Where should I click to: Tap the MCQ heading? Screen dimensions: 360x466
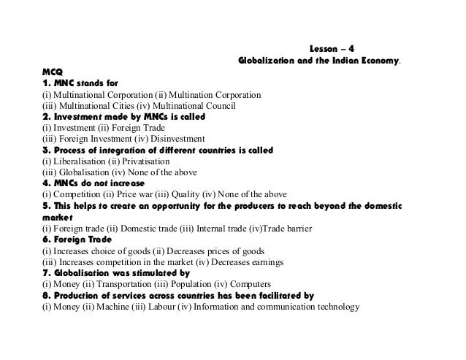[x=53, y=72]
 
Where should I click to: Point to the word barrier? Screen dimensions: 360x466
[x=297, y=229]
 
